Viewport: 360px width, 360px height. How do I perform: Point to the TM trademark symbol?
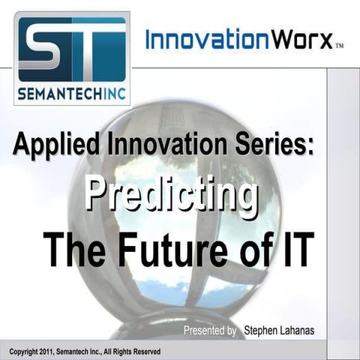click(x=340, y=46)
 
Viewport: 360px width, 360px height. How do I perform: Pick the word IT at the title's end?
click(x=294, y=250)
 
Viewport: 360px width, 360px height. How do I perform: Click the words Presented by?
click(x=211, y=331)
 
